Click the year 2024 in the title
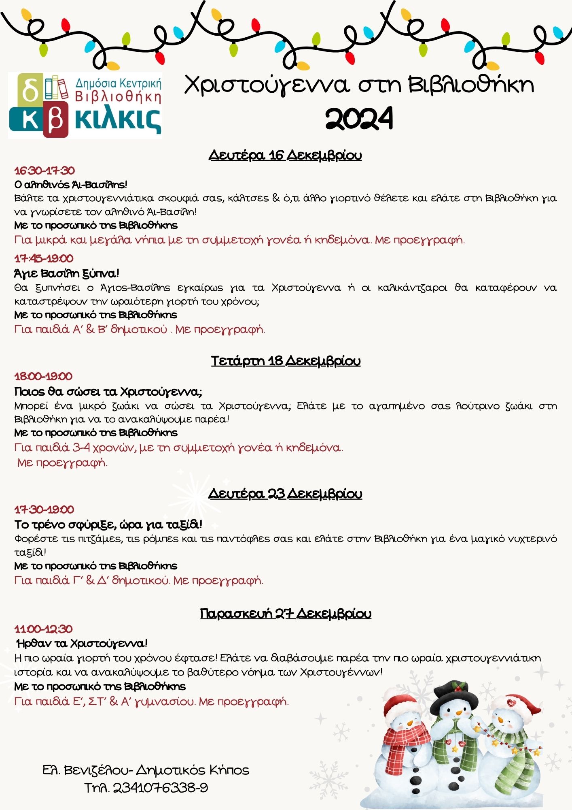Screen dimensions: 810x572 tap(359, 119)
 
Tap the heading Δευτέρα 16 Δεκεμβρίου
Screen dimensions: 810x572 tap(285, 155)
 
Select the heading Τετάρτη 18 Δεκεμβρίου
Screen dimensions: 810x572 tap(286, 360)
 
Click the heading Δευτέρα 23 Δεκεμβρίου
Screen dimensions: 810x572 tap(285, 494)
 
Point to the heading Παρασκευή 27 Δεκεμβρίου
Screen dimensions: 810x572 tap(286, 614)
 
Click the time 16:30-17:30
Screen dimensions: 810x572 tap(44, 171)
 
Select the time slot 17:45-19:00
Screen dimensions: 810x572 tap(44, 258)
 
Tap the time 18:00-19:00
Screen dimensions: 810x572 tap(43, 376)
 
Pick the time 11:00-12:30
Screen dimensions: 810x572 tap(44, 629)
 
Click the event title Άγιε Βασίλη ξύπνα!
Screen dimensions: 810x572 tap(67, 273)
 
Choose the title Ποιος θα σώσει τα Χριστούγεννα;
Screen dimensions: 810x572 tap(108, 392)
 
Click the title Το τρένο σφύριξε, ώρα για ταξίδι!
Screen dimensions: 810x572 tap(108, 524)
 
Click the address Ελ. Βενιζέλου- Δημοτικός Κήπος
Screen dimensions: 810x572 tap(146, 770)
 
